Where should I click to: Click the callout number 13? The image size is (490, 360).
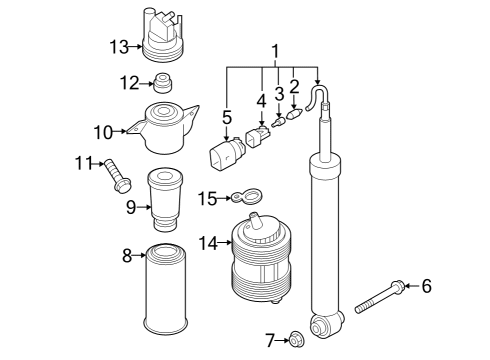pos(119,47)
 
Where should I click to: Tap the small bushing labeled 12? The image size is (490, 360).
pos(163,83)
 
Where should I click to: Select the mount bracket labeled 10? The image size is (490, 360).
pos(163,128)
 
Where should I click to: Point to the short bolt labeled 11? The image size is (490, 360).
pos(117,176)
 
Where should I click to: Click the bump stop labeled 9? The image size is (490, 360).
pos(165,201)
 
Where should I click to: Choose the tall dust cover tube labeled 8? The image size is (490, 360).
pos(165,290)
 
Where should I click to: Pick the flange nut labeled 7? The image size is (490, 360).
pos(296,340)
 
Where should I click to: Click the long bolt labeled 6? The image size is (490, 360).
pos(380,297)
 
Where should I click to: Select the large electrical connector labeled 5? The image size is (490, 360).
pos(226,154)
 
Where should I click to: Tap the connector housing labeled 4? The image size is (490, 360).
pos(258,135)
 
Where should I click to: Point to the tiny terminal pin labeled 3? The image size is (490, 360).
pos(277,121)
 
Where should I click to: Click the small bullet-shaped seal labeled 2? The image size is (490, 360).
pos(293,114)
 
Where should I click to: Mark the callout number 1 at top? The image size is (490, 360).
pos(275,52)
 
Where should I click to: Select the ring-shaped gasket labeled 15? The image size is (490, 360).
pos(247,197)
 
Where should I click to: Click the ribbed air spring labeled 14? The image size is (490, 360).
pos(261,258)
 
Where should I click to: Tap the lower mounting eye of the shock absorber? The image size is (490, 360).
pos(326,325)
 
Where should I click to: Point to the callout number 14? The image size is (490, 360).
pos(208,243)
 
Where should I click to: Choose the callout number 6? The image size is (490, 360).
pos(426,286)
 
